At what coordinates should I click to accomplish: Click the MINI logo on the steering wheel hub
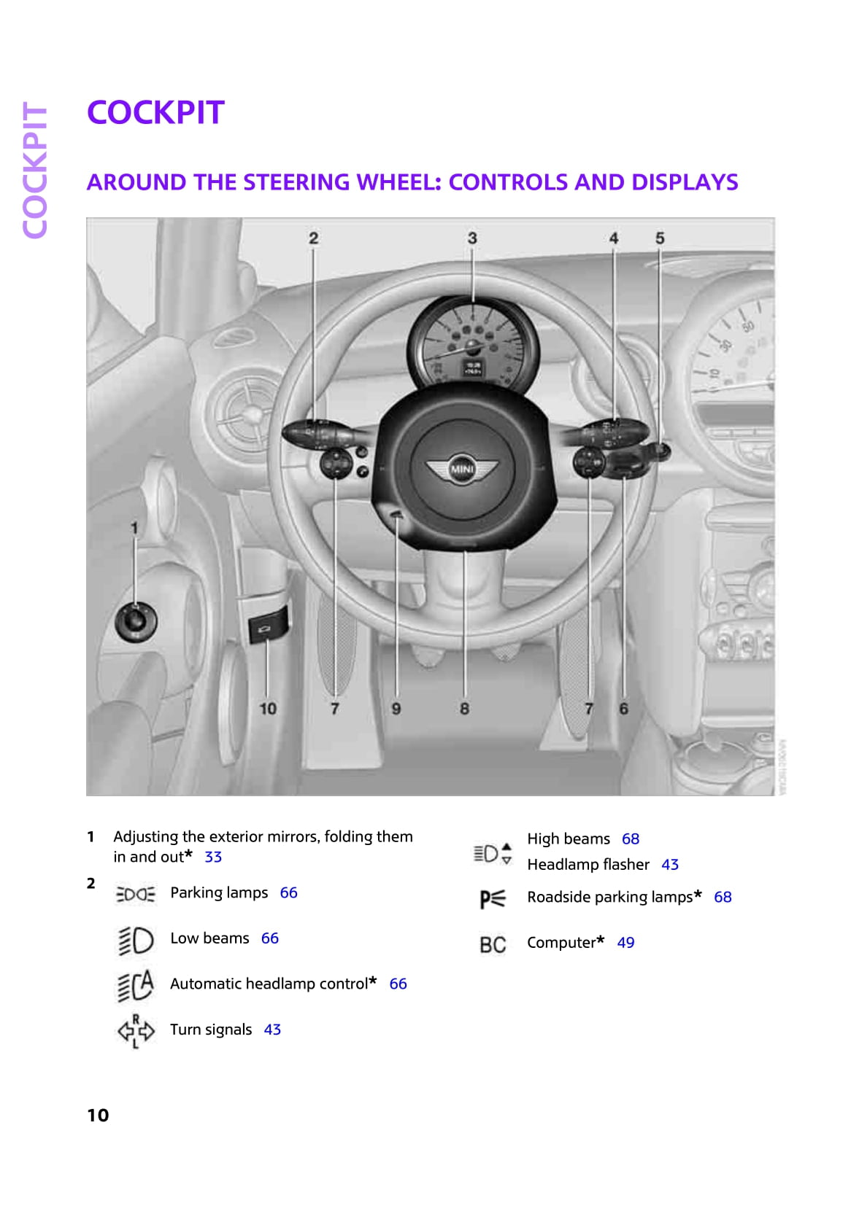pyautogui.click(x=462, y=469)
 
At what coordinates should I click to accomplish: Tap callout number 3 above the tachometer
pyautogui.click(x=472, y=238)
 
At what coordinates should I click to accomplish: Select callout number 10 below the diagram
pyautogui.click(x=268, y=709)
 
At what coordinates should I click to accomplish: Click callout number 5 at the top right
pyautogui.click(x=660, y=238)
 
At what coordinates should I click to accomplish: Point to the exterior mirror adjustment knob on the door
pyautogui.click(x=136, y=622)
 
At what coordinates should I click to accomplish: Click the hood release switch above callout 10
pyautogui.click(x=267, y=625)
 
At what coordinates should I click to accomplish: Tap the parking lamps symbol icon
pyautogui.click(x=135, y=894)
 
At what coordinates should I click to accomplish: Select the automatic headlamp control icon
pyautogui.click(x=135, y=986)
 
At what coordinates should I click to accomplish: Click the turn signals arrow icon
pyautogui.click(x=136, y=1031)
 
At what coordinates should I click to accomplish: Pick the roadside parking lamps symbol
pyautogui.click(x=493, y=898)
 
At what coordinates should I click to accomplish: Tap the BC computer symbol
pyautogui.click(x=493, y=944)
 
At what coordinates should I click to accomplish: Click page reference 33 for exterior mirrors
pyautogui.click(x=213, y=857)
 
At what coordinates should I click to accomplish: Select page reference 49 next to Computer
pyautogui.click(x=625, y=942)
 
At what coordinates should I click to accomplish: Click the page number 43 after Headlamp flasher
pyautogui.click(x=670, y=864)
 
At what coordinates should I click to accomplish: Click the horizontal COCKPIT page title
pyautogui.click(x=155, y=112)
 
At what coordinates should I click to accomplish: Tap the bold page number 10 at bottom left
pyautogui.click(x=98, y=1115)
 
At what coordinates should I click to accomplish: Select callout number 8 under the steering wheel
pyautogui.click(x=464, y=709)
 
